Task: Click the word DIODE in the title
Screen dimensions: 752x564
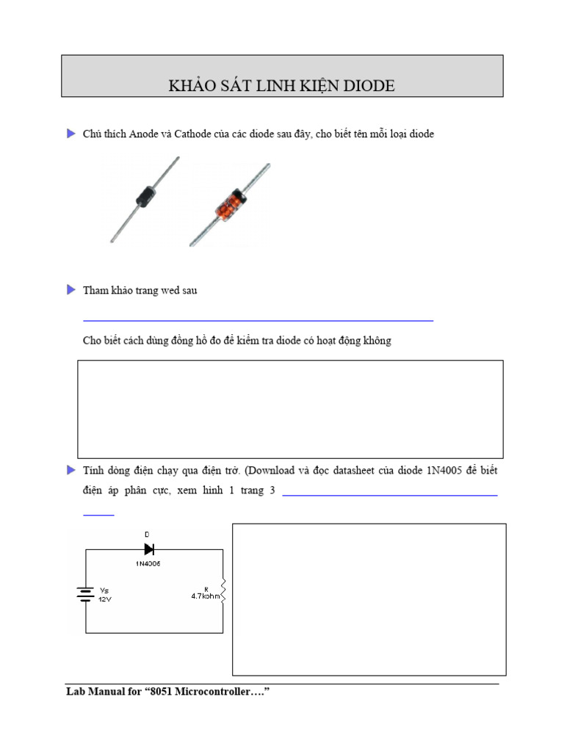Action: coord(369,86)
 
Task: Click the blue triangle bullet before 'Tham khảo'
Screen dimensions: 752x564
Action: coord(71,290)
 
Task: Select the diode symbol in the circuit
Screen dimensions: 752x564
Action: coord(149,549)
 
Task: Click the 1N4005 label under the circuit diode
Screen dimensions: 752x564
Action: coord(148,563)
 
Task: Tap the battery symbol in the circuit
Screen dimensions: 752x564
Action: coord(86,593)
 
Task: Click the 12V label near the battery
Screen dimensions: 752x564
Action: coord(105,599)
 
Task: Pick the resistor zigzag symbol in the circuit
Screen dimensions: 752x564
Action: coord(223,592)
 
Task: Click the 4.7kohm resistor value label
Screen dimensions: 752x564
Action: coord(206,596)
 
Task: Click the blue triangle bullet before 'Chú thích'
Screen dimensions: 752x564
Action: coord(71,134)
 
